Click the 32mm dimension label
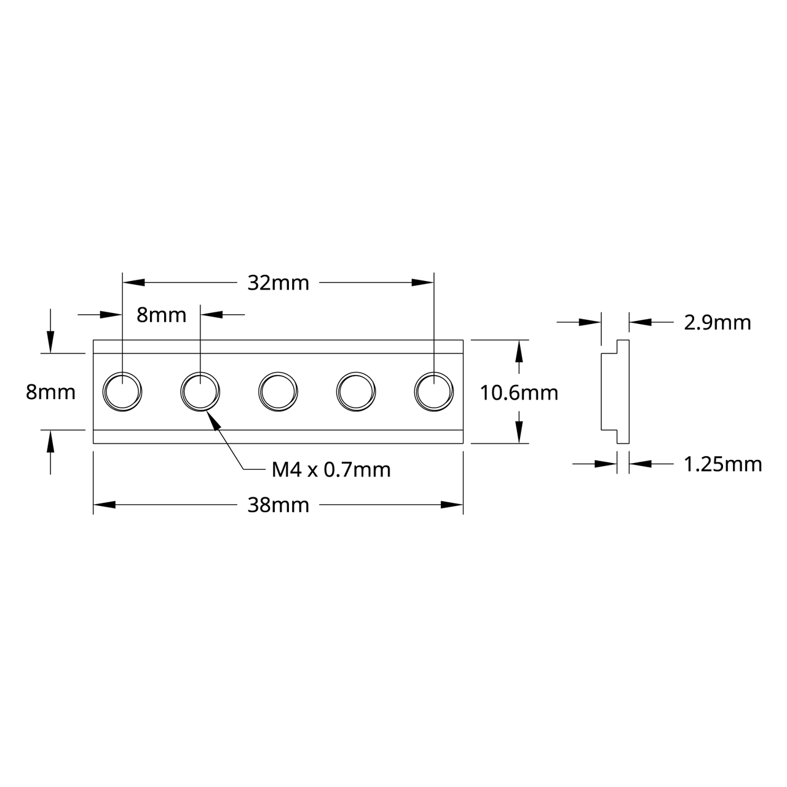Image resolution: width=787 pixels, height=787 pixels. (x=278, y=283)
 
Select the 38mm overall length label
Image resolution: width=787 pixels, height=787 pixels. (x=278, y=505)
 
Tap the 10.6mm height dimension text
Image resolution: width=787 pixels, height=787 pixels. (x=519, y=392)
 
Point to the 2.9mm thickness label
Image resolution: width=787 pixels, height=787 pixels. (x=718, y=322)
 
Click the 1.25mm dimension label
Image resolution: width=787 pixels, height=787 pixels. (x=722, y=464)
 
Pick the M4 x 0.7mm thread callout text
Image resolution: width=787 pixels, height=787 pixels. (x=331, y=470)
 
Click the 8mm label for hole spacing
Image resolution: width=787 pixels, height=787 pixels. (x=161, y=315)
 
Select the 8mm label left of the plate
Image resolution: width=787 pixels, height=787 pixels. (x=50, y=392)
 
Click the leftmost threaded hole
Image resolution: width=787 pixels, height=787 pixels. (x=122, y=391)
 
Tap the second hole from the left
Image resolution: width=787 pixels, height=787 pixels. (x=200, y=391)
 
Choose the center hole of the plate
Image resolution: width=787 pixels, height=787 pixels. (x=278, y=391)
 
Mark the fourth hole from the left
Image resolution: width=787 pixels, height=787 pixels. (x=356, y=391)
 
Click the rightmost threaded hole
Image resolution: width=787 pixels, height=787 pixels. (x=434, y=391)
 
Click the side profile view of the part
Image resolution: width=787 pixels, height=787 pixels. (x=615, y=391)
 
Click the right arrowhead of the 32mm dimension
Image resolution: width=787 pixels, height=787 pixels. (x=423, y=283)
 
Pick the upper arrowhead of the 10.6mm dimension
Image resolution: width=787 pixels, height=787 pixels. (x=520, y=352)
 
